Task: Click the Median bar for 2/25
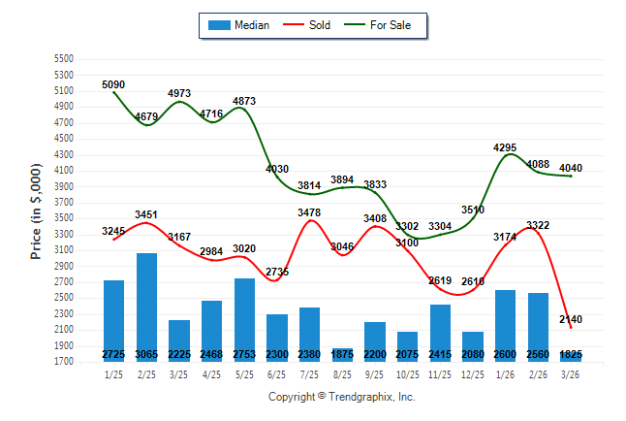point(146,307)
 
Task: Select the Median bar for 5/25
point(244,320)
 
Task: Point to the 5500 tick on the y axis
point(63,59)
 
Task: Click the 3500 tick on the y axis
point(63,218)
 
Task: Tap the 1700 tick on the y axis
point(63,362)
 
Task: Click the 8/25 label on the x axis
point(342,374)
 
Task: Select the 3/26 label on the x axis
point(571,374)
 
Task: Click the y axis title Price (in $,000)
point(36,209)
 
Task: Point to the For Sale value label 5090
point(114,85)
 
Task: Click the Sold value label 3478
point(310,212)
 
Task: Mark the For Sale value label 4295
point(505,147)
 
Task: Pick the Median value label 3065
point(146,355)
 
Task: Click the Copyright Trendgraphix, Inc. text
point(341,397)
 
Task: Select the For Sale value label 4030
point(277,169)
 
